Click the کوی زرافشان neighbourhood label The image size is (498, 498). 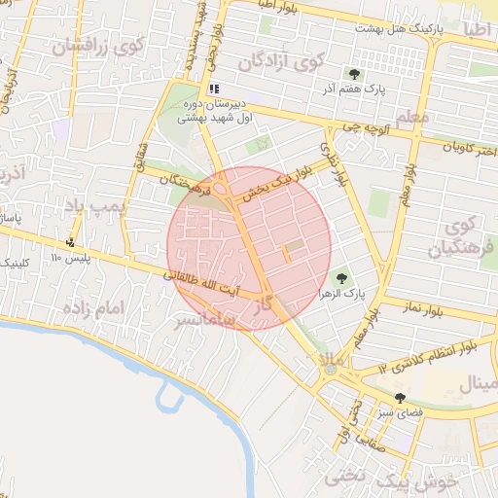pos(97,45)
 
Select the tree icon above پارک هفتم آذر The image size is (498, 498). pos(353,73)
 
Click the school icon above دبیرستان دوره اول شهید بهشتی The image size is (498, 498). pos(214,89)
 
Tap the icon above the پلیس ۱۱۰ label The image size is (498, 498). pos(69,242)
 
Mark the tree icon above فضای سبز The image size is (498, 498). pos(400,397)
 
